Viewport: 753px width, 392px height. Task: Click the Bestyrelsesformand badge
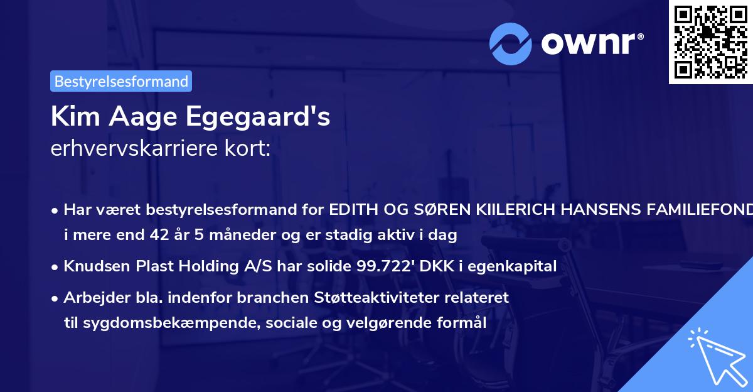(121, 81)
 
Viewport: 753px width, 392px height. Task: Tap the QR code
(710, 42)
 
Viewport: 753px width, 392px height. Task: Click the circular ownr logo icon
(511, 43)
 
